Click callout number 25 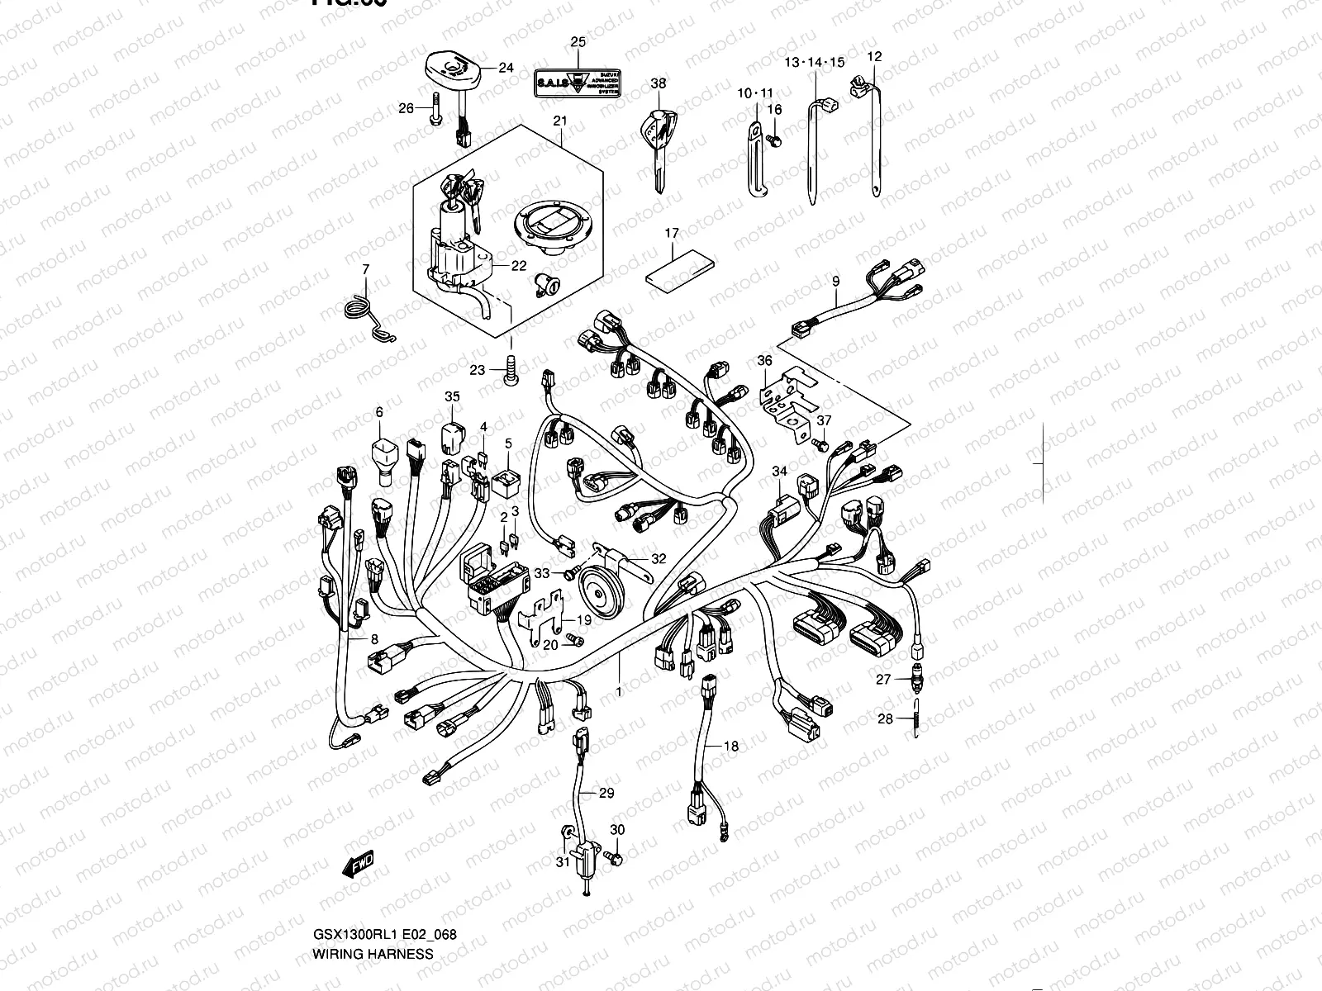tap(578, 41)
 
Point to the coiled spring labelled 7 tap(361, 314)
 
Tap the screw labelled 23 tap(510, 369)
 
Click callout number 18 tap(731, 747)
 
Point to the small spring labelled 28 tap(917, 718)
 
